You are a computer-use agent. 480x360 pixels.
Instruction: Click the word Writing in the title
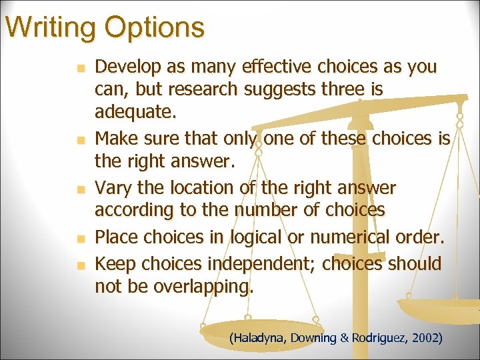50,27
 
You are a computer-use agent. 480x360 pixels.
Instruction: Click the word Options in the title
154,27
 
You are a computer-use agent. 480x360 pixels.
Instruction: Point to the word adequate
135,111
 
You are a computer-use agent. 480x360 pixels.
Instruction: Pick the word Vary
112,188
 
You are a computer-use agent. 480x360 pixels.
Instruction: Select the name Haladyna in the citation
257,338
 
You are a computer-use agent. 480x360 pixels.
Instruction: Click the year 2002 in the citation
427,338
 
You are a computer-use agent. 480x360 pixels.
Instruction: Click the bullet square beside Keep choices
81,265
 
